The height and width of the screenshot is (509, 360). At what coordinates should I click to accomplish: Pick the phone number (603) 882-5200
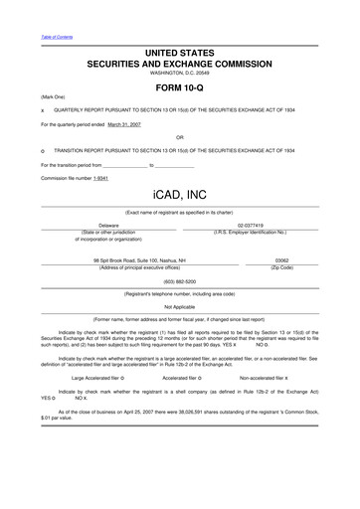pyautogui.click(x=179, y=281)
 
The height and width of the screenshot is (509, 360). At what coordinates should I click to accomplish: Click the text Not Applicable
pyautogui.click(x=179, y=306)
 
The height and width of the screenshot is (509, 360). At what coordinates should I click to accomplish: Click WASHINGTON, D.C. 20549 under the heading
pyautogui.click(x=180, y=74)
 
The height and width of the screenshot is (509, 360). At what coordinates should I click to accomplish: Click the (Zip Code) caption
pyautogui.click(x=281, y=267)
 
